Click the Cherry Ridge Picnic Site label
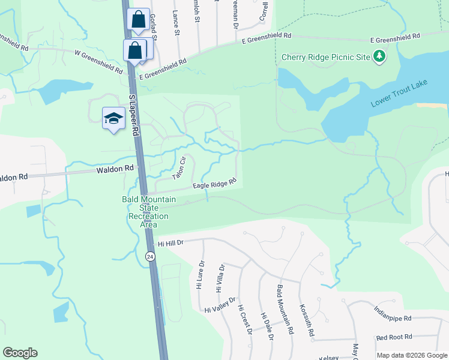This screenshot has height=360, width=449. (x=325, y=58)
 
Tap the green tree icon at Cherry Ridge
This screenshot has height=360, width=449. (x=379, y=57)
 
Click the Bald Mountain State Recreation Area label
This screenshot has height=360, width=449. (x=149, y=212)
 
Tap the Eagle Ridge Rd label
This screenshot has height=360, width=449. (x=214, y=184)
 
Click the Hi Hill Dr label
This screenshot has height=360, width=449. (x=170, y=244)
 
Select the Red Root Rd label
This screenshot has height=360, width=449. (x=394, y=337)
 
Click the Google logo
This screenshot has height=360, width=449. (x=20, y=353)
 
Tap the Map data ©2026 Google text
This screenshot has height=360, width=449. (x=412, y=355)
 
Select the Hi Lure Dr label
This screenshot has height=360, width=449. (x=200, y=275)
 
